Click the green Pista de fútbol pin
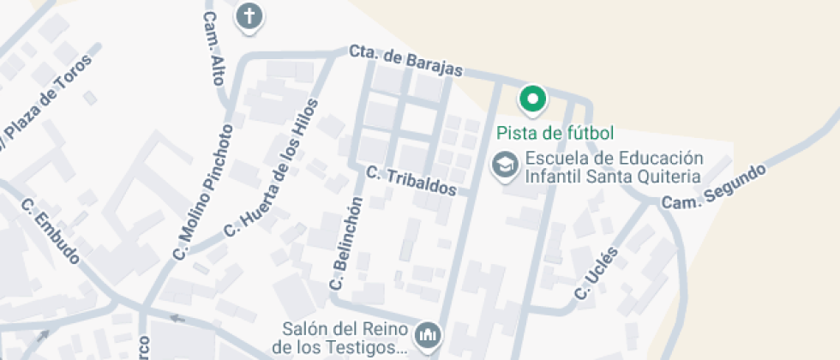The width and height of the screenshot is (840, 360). (533, 100)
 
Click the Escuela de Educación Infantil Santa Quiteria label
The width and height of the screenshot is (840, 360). (613, 167)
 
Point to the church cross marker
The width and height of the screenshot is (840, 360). (249, 15)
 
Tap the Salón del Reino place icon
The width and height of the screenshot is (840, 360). (426, 334)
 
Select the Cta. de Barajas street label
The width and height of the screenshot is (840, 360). (406, 61)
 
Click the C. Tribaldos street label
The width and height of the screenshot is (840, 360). (411, 181)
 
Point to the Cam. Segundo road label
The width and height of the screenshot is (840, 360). (713, 186)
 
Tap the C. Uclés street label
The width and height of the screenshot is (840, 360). (597, 274)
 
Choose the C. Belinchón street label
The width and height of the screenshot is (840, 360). (346, 243)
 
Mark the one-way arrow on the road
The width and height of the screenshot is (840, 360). (177, 319)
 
